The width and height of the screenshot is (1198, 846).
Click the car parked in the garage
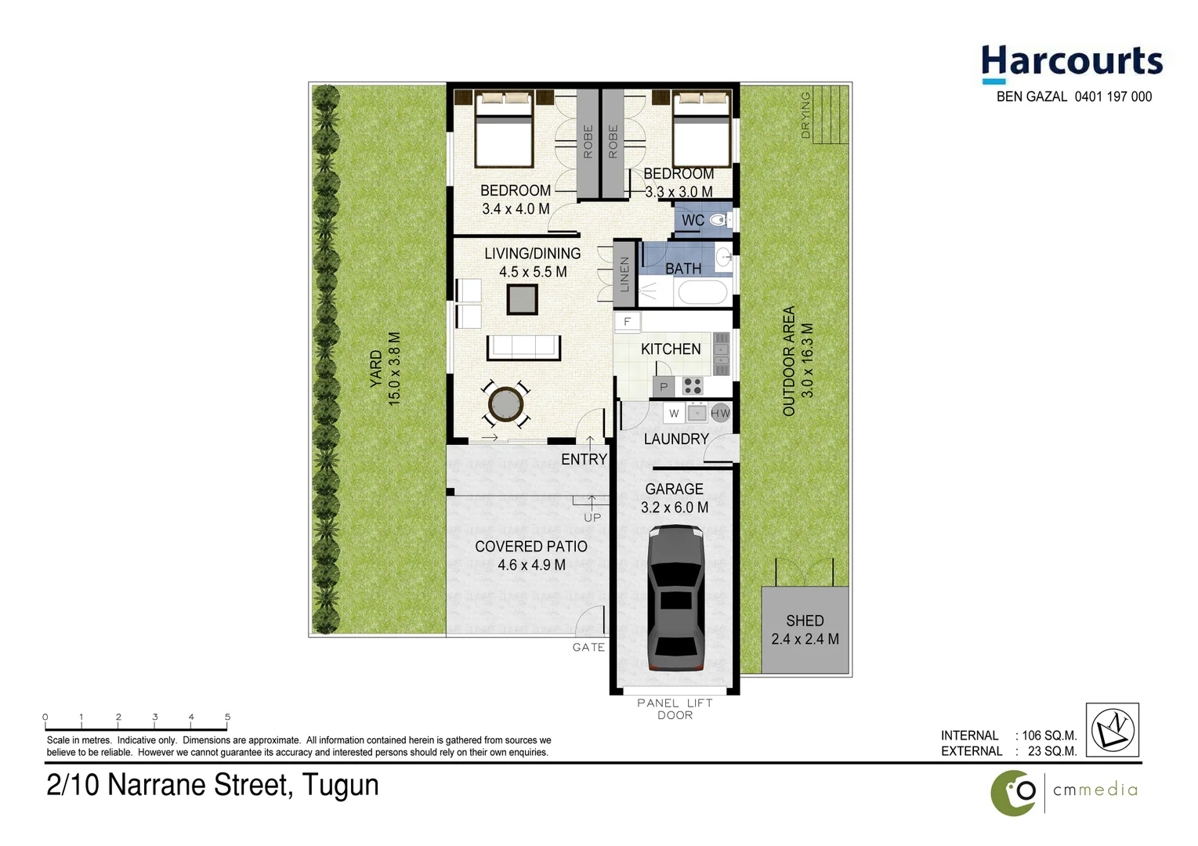(x=675, y=598)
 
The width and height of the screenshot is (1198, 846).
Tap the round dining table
(x=505, y=404)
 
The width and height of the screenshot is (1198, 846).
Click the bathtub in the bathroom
(x=702, y=294)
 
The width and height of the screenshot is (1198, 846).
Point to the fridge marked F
(x=627, y=322)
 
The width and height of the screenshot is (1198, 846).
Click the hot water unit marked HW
(x=720, y=413)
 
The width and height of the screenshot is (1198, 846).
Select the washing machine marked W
(x=674, y=413)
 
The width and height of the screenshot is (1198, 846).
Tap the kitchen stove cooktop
(x=692, y=385)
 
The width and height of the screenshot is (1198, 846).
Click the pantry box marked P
(x=664, y=386)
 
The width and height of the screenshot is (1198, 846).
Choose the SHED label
(x=805, y=620)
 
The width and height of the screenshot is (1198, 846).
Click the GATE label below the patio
(x=588, y=647)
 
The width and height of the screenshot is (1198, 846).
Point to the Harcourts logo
(x=1071, y=63)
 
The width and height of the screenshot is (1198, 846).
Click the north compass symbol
(x=1113, y=730)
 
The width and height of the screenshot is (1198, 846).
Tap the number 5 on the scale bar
(x=227, y=717)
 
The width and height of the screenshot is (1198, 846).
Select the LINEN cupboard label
(x=624, y=274)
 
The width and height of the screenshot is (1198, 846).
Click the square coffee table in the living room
(x=522, y=299)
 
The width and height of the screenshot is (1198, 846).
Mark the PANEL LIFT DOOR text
(x=675, y=709)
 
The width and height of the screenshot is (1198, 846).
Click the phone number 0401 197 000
(x=1113, y=97)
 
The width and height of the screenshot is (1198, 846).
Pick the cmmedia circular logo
(x=1014, y=792)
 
